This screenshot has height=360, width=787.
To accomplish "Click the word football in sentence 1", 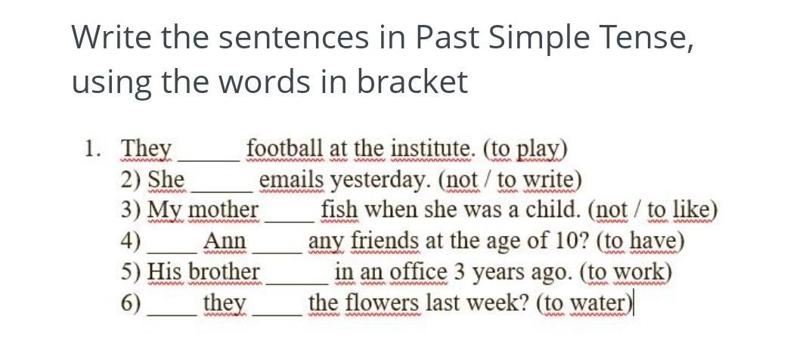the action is (x=285, y=148).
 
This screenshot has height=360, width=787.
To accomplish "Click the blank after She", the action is (x=222, y=191).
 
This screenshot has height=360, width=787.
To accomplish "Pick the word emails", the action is (x=292, y=180).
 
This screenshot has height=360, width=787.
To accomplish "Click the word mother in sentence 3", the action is (x=224, y=210).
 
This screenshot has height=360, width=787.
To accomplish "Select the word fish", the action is (x=339, y=210).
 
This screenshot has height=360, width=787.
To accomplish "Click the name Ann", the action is (x=225, y=241).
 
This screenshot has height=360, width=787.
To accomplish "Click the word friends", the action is (x=384, y=241).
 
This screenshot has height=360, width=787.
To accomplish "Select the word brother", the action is (x=225, y=272).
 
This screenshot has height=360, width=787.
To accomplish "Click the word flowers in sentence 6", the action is (x=382, y=303).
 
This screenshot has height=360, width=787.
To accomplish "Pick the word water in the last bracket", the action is (x=600, y=304).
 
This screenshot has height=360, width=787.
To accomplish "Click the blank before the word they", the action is (x=172, y=314).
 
